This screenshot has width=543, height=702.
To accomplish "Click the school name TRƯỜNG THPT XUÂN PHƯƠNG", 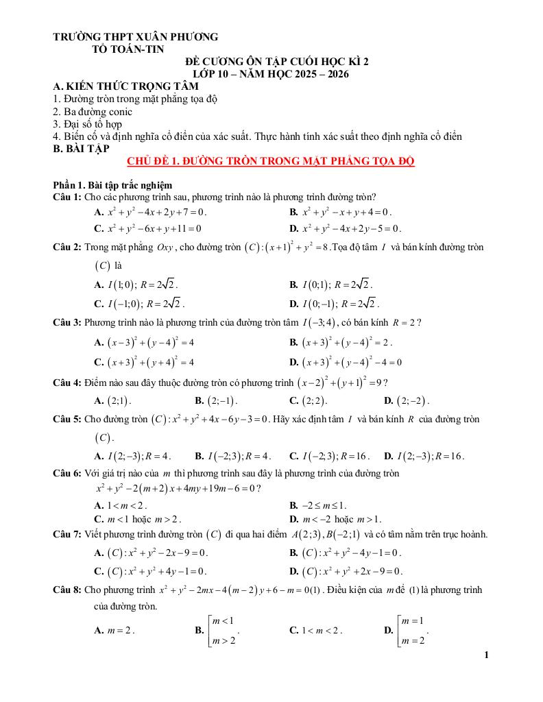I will tap(136, 36).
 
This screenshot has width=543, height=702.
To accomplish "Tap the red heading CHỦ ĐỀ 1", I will tap(271, 161).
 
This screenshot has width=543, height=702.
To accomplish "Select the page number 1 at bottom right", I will tap(486, 655).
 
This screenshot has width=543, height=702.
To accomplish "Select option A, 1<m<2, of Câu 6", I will tap(121, 506).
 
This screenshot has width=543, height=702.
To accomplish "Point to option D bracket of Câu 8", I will tap(407, 630).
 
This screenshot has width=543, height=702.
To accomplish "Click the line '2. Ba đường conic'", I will tap(93, 112).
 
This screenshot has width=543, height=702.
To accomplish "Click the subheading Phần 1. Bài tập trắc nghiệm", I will tap(112, 185).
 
